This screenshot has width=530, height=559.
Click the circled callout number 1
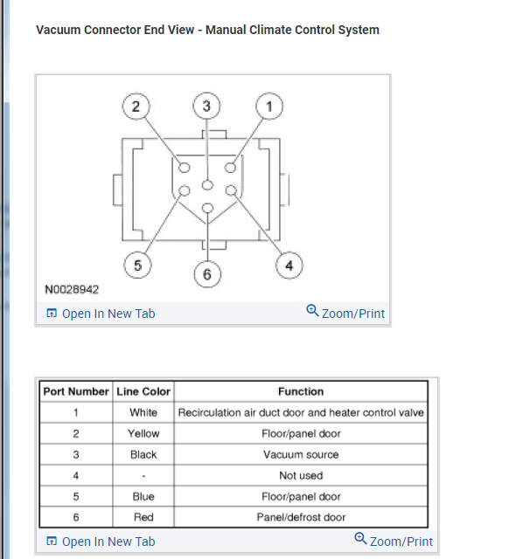pyautogui.click(x=269, y=107)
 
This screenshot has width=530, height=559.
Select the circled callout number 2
pyautogui.click(x=136, y=107)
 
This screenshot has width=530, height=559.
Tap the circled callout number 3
pyautogui.click(x=206, y=107)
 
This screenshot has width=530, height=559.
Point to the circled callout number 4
pyautogui.click(x=289, y=266)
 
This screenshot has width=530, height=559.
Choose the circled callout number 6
pyautogui.click(x=206, y=275)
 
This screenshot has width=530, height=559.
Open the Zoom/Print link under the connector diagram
pyautogui.click(x=345, y=313)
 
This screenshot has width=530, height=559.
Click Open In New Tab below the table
pyautogui.click(x=100, y=542)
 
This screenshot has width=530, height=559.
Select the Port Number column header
pyautogui.click(x=76, y=391)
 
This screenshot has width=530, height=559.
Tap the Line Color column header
pyautogui.click(x=143, y=391)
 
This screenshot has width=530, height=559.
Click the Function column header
pyautogui.click(x=301, y=391)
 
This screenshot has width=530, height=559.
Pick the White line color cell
pyautogui.click(x=143, y=412)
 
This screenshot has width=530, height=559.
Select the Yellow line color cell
pyautogui.click(x=143, y=433)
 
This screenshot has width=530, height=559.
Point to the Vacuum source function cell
pyautogui.click(x=301, y=454)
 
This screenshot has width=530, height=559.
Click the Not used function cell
pyautogui.click(x=301, y=475)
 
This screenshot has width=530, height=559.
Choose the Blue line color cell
pyautogui.click(x=143, y=496)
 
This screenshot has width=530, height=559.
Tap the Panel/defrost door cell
pyautogui.click(x=301, y=517)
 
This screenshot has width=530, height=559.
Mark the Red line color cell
pyautogui.click(x=143, y=517)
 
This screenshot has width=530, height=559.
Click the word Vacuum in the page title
pyautogui.click(x=58, y=30)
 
